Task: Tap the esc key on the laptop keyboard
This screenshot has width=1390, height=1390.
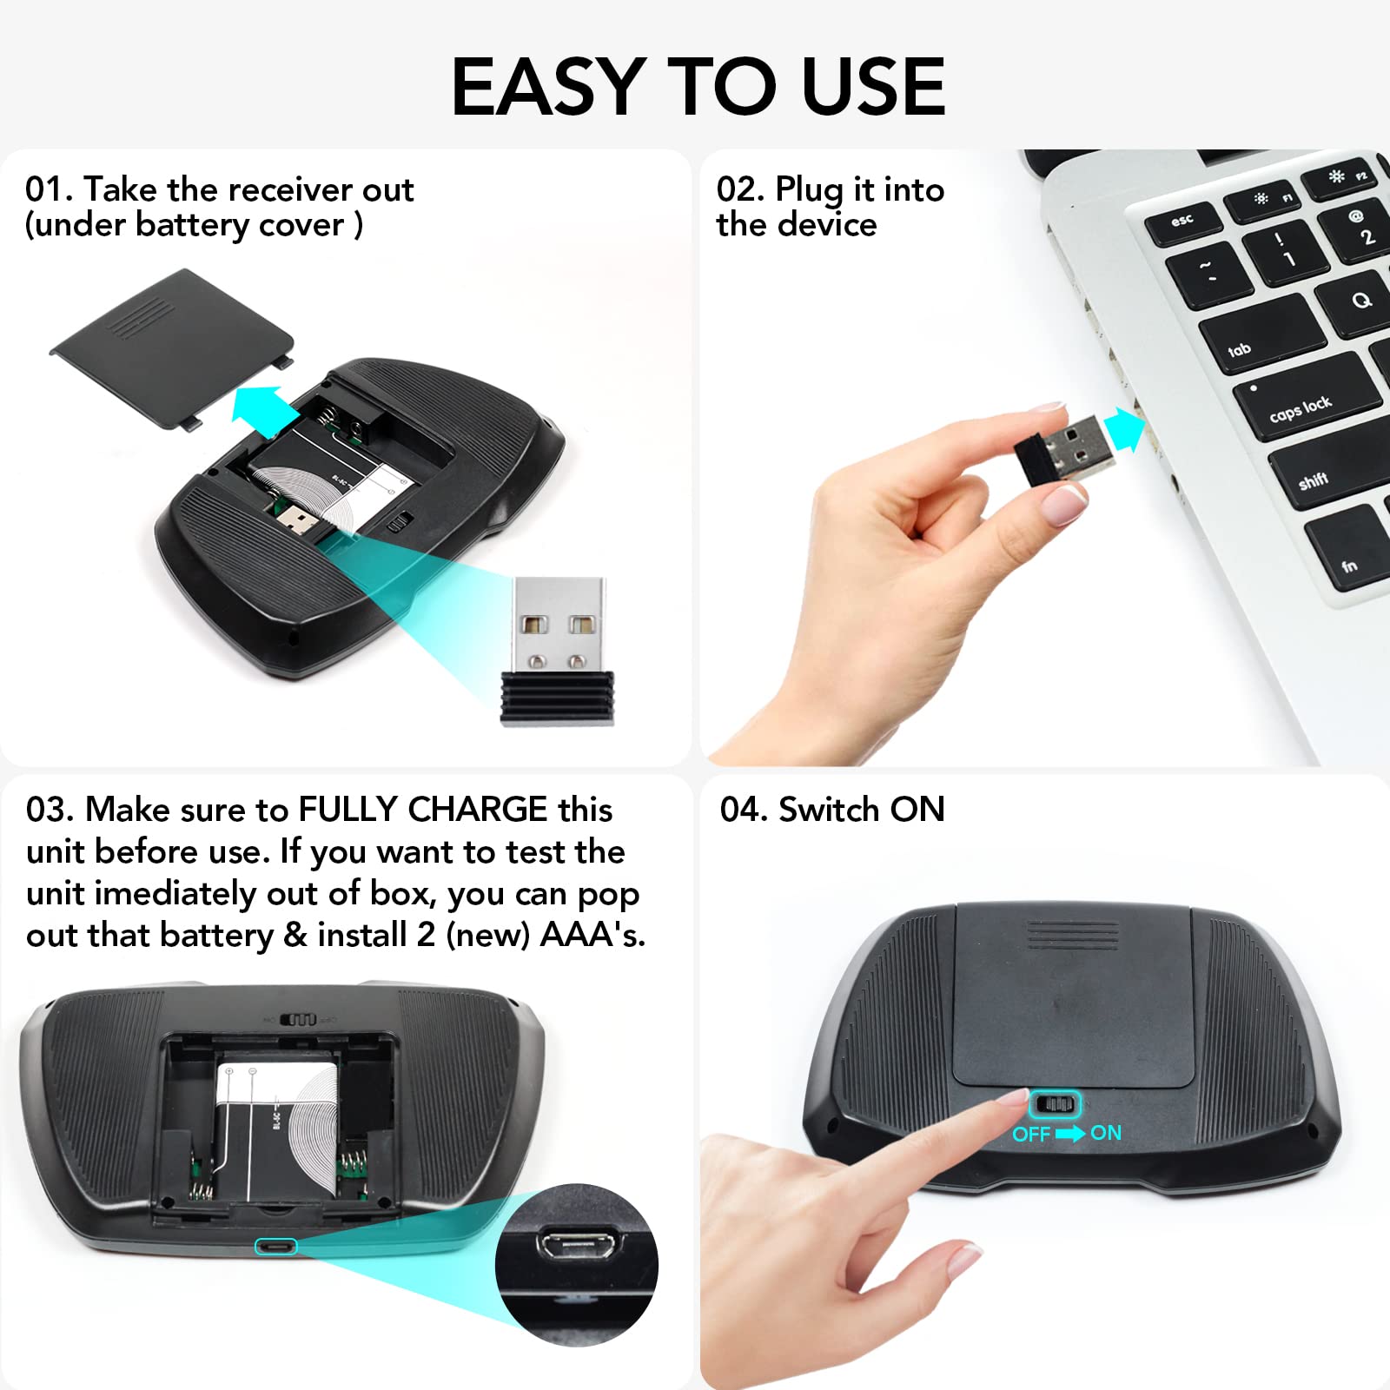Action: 1183,222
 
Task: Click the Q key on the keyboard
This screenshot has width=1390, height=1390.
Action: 1361,301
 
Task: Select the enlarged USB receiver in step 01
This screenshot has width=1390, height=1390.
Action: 558,652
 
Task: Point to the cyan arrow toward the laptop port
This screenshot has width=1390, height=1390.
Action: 1124,429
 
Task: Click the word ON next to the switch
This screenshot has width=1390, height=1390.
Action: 1106,1133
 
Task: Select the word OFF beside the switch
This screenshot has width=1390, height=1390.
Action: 1031,1134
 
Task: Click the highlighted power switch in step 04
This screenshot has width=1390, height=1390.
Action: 1054,1105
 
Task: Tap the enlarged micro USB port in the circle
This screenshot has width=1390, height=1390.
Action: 577,1243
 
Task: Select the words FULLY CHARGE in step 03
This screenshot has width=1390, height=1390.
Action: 423,810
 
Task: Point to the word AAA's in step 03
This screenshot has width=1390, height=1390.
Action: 592,935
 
